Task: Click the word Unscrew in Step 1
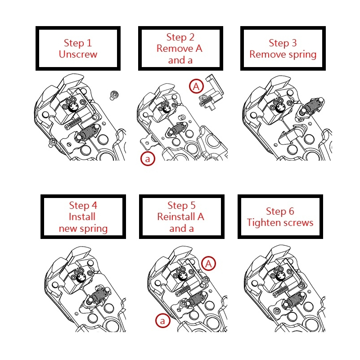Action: tap(78, 54)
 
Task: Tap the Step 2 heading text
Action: tap(180, 37)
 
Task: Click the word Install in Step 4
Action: tap(82, 216)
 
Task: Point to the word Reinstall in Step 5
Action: tap(176, 216)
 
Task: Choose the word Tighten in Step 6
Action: tap(264, 223)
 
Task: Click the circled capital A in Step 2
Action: tap(196, 86)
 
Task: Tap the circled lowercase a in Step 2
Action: tap(148, 158)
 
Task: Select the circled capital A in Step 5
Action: tap(208, 263)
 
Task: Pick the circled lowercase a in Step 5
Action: tap(162, 320)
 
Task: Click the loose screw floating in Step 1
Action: tap(114, 95)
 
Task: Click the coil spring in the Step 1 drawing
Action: tap(88, 133)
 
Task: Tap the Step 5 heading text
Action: tap(181, 205)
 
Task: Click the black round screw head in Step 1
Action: tap(74, 107)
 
